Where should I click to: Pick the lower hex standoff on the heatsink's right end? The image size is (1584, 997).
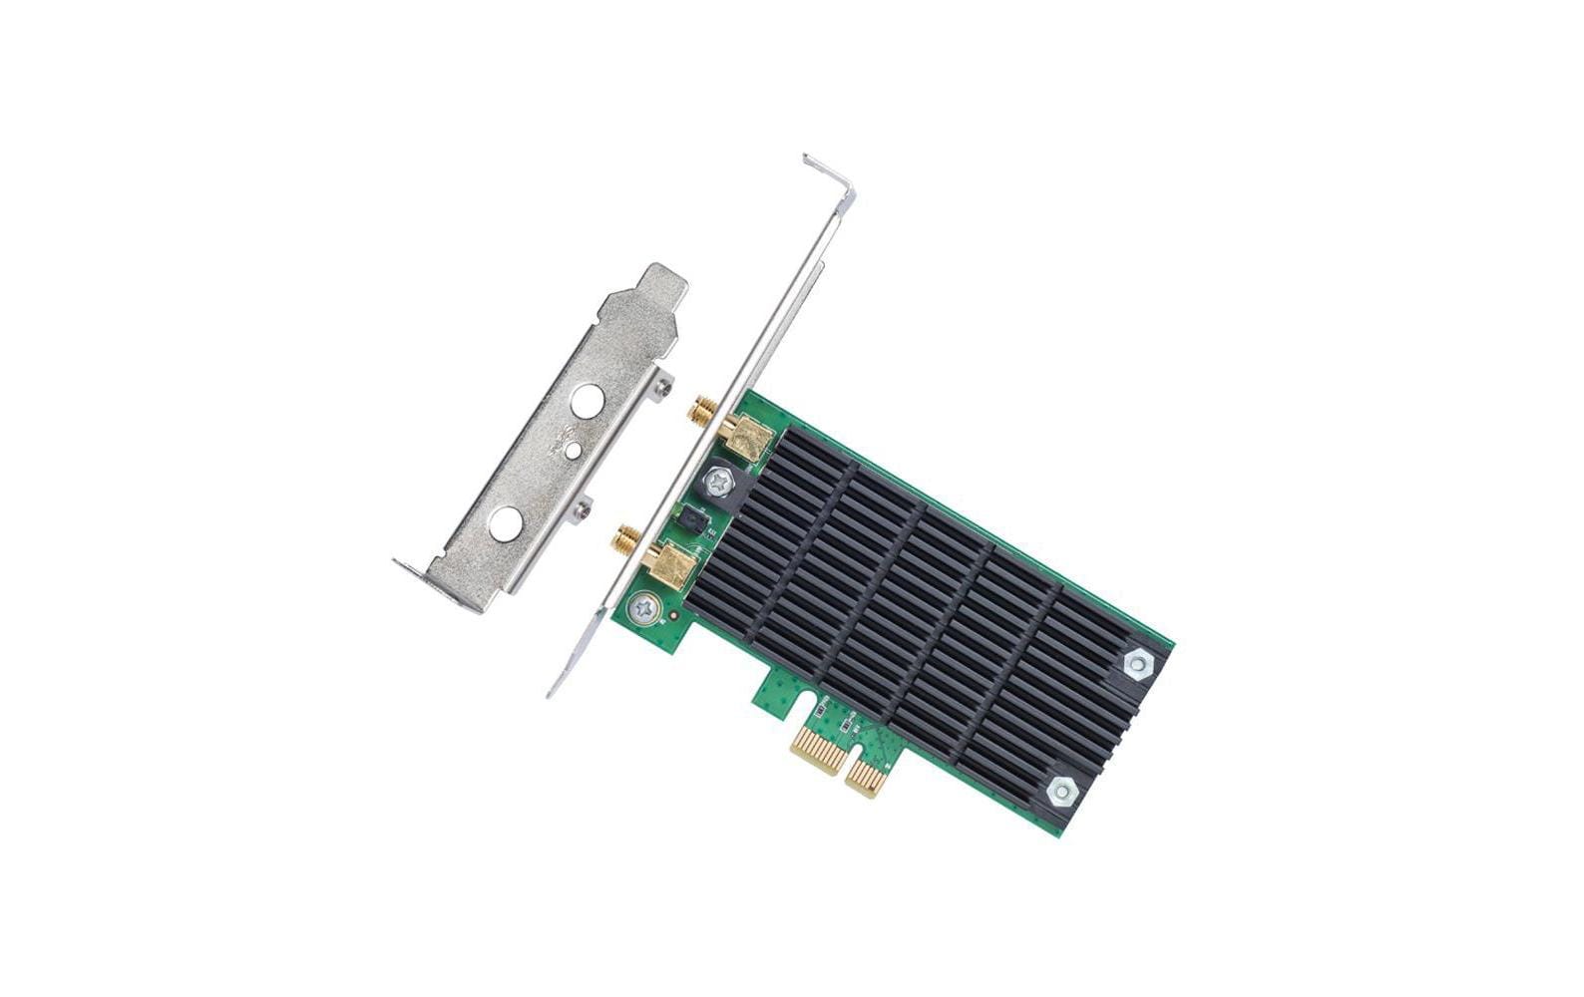(x=1059, y=793)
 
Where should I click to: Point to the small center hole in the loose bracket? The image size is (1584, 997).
(x=572, y=452)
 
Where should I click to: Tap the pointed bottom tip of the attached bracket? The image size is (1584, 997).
(x=553, y=691)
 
